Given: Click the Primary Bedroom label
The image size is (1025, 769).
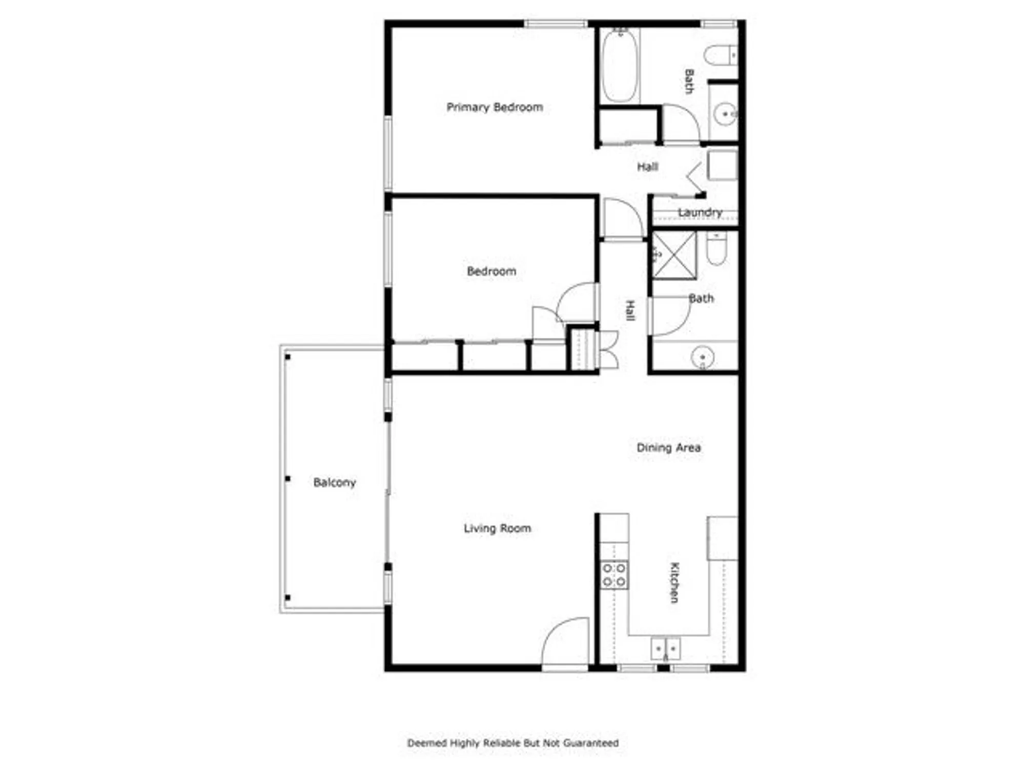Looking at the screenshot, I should click(x=495, y=107).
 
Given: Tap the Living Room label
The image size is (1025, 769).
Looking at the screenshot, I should click(x=497, y=528).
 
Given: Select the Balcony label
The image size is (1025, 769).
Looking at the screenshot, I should click(x=334, y=482).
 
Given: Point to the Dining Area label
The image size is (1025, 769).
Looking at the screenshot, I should click(x=668, y=448).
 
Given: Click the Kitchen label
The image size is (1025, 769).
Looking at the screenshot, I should click(x=674, y=582).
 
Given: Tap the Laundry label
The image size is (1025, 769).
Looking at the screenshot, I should click(x=700, y=212).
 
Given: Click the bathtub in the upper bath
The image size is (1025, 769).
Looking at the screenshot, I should click(x=620, y=65).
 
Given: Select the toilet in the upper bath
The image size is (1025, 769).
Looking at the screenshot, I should click(x=720, y=55).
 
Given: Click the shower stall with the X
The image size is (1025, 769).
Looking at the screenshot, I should click(x=674, y=255).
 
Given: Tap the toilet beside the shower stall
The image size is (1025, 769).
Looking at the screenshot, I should click(x=716, y=249).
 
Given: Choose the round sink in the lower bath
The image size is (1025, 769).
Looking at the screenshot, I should click(x=702, y=357).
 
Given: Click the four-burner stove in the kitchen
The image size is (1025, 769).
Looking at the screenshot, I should click(x=614, y=575).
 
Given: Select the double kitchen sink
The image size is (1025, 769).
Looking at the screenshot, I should click(x=665, y=649).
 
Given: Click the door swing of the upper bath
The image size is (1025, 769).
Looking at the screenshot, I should click(x=680, y=123).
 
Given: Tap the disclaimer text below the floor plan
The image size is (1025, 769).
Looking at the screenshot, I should click(x=512, y=743).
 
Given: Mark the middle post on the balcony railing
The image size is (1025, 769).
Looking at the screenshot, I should click(x=288, y=478).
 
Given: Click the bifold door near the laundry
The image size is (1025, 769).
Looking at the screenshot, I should click(x=694, y=178).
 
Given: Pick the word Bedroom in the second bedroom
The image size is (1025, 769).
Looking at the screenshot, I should click(x=491, y=271).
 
